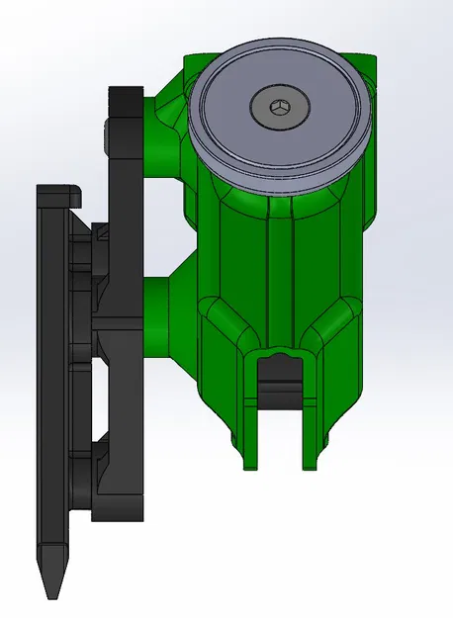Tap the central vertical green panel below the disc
tap(281, 267)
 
